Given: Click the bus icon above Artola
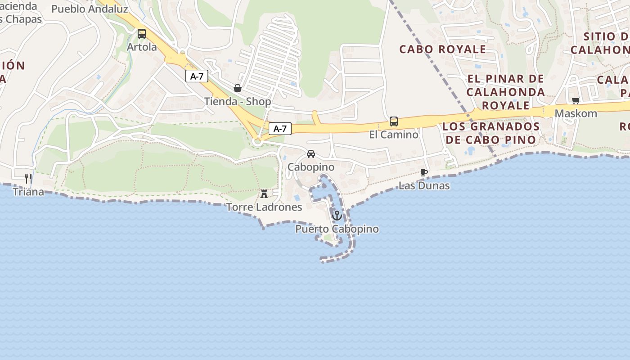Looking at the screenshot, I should point(142,34).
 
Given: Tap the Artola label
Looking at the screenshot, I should point(142,47).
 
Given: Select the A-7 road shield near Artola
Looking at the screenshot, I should point(197,76).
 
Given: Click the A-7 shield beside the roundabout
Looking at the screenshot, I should point(280,129).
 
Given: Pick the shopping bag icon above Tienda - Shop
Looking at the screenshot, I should point(238,88).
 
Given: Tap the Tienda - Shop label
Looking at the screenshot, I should point(238,101).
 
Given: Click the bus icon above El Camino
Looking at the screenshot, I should point(394,121).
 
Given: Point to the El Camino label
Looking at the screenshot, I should point(394,134).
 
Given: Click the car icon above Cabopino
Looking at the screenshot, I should point(311,154).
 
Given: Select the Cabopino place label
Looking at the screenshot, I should point(311,167).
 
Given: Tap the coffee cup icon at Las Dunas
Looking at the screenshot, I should point(424,172).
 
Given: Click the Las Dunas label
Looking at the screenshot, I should point(424,185).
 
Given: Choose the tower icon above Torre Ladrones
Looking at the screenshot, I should point(264,194).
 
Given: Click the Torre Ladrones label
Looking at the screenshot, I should point(264,207).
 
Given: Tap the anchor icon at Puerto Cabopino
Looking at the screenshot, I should point(337,216).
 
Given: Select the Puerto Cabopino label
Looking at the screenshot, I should point(337,229).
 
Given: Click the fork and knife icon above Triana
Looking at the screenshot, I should point(28,179).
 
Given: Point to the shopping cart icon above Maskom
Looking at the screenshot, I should point(576,100).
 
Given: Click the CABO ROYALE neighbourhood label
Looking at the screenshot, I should point(443,49).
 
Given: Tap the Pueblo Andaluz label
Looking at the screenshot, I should point(90,9).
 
